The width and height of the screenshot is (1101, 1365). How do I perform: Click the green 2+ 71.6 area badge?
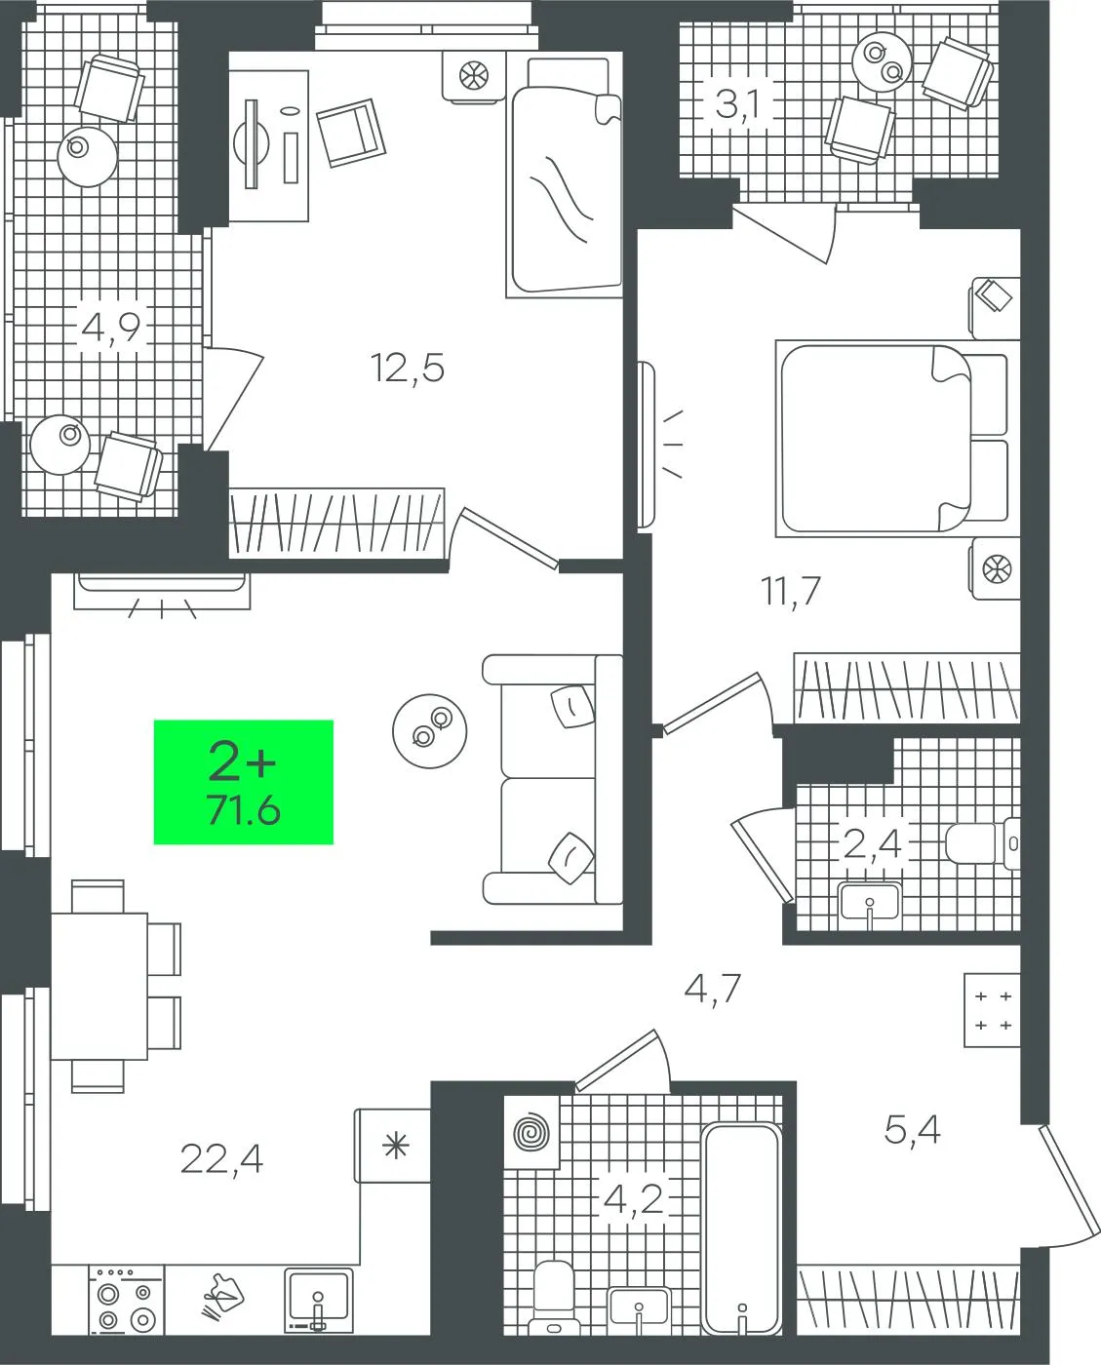click(244, 782)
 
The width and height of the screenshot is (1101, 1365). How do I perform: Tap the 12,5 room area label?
click(408, 369)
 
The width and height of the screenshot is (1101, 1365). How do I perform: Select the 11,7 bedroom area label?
click(791, 591)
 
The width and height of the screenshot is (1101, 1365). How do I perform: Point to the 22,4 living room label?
click(221, 1159)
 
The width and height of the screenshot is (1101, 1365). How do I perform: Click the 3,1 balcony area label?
click(737, 105)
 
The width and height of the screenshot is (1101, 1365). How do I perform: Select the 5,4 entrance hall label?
click(912, 1130)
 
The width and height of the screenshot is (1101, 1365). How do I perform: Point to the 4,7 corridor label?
click(713, 989)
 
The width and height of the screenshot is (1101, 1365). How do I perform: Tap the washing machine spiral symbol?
click(531, 1133)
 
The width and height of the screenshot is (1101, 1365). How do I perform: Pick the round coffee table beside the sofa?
click(430, 730)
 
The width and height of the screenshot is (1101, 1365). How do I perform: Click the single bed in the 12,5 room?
click(564, 176)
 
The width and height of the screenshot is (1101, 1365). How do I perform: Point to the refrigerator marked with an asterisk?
click(392, 1146)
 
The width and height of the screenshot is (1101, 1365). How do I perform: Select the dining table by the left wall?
click(99, 987)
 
